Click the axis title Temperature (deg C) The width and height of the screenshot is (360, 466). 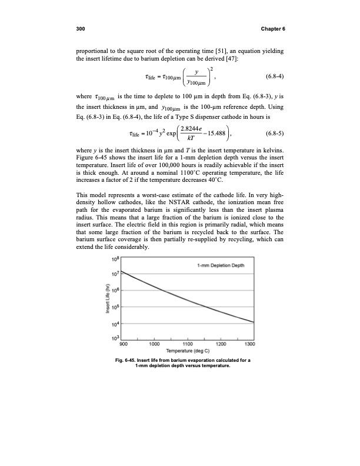point(184,352)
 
